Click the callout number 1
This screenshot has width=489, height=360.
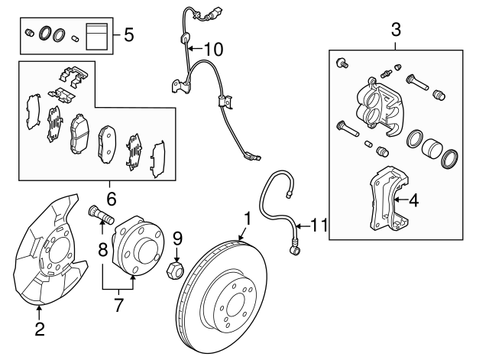click(246, 219)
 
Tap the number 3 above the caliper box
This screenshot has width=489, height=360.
click(396, 31)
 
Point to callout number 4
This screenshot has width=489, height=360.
click(413, 201)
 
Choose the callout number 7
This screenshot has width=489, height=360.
click(118, 306)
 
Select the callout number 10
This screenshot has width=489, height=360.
click(213, 50)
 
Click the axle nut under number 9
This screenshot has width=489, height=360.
click(175, 268)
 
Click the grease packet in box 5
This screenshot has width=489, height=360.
click(96, 36)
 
